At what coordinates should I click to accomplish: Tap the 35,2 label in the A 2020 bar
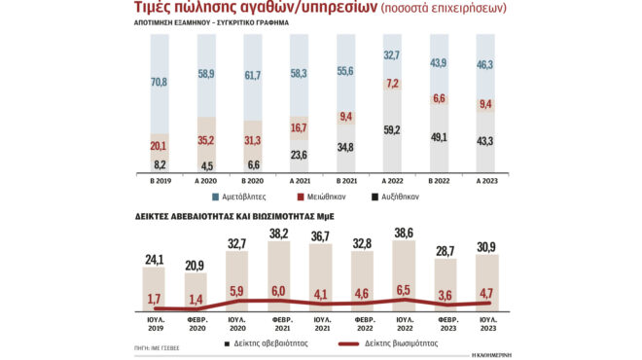tap(205, 139)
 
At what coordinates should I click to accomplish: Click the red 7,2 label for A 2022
tap(393, 85)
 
